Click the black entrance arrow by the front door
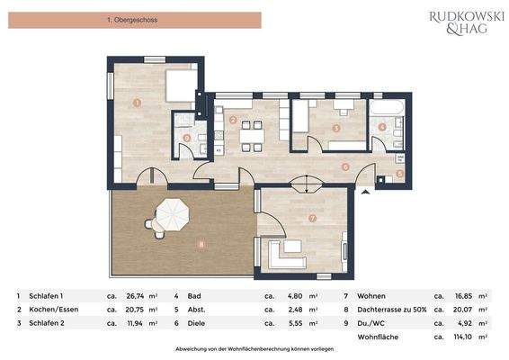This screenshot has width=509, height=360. (364, 192)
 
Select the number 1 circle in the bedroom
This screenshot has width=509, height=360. (136, 103)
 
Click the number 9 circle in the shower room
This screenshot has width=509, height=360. (186, 138)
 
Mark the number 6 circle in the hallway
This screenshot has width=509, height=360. (346, 166)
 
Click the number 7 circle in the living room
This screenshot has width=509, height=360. (312, 218)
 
